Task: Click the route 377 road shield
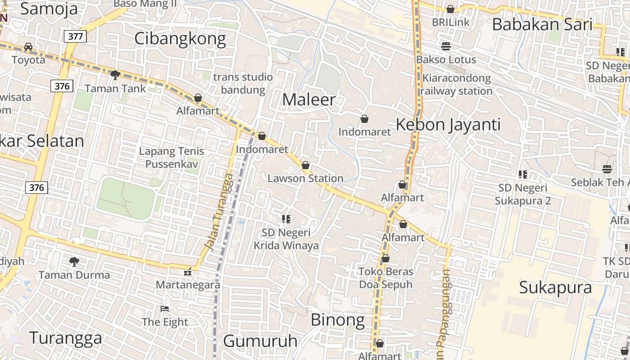tap(75, 36)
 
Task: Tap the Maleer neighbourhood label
tap(309, 100)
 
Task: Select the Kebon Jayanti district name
tap(448, 125)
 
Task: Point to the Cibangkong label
tap(180, 39)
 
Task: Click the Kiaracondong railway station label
tap(456, 85)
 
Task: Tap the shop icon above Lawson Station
tap(306, 165)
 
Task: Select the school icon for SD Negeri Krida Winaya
tap(286, 219)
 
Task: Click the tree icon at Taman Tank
tap(115, 75)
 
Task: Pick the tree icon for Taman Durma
tap(74, 261)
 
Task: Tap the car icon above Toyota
tap(28, 47)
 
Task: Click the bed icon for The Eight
tap(165, 309)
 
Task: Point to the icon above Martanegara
tap(188, 272)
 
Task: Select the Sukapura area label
tap(555, 288)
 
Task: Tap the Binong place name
tap(337, 320)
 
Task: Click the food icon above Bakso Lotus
tap(446, 46)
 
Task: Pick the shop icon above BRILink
tap(450, 9)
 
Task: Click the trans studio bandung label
tap(243, 83)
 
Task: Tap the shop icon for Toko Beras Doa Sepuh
tap(386, 258)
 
